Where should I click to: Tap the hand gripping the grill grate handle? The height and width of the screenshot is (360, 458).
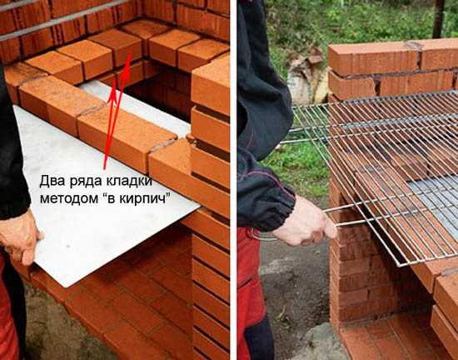click(x=306, y=222)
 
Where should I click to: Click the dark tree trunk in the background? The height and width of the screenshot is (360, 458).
click(x=438, y=18)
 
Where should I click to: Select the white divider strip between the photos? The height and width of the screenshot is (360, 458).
click(x=233, y=180)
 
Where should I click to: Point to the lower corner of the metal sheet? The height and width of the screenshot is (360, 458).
click(x=68, y=287)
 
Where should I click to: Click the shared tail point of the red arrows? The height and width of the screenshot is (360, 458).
click(x=105, y=168)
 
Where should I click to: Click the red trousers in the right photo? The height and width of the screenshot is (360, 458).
click(x=252, y=295)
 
